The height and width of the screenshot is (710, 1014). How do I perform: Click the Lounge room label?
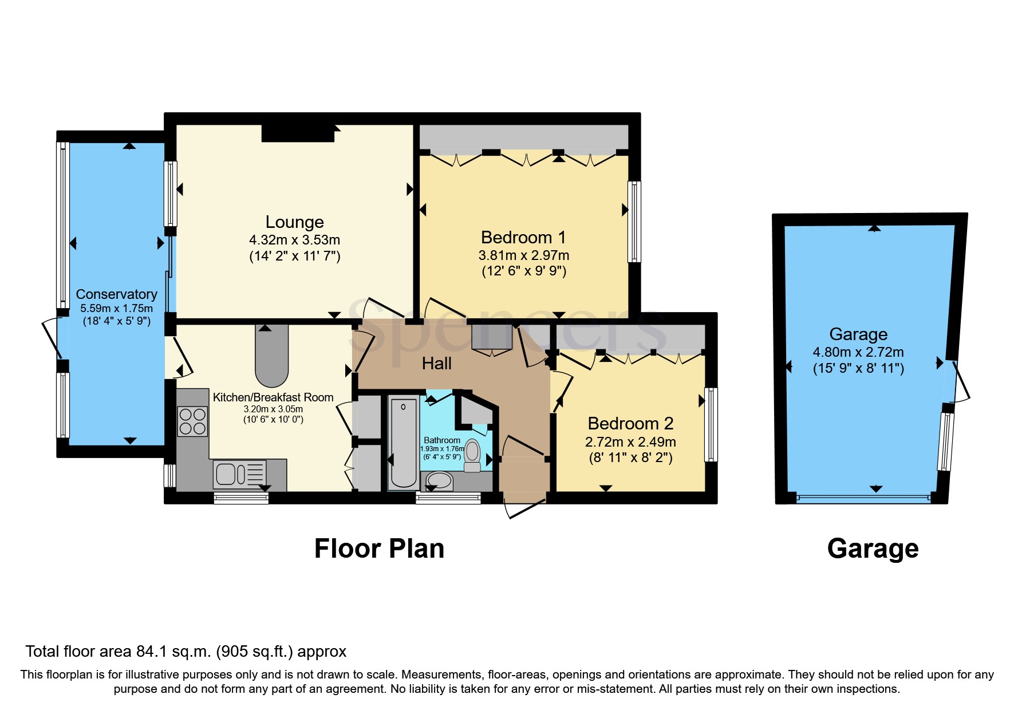click(294, 222)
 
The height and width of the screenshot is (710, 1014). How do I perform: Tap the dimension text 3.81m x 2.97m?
click(524, 255)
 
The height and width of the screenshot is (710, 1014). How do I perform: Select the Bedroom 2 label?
click(630, 424)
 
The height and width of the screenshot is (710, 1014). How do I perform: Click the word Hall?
click(436, 363)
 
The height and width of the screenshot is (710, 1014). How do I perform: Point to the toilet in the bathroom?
click(472, 455)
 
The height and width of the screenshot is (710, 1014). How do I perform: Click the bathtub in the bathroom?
click(403, 442)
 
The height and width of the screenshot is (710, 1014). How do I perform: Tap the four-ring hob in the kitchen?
click(192, 421)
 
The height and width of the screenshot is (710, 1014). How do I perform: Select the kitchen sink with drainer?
click(240, 474)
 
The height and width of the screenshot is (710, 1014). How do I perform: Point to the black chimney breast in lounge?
click(298, 133)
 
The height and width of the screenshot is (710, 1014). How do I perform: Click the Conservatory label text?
click(116, 294)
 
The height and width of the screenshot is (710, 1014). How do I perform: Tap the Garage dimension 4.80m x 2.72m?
click(858, 352)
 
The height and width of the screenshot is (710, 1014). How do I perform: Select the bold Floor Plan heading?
click(379, 549)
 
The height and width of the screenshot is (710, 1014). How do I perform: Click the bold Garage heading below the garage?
click(873, 549)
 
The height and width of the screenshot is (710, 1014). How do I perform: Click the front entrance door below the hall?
click(524, 507)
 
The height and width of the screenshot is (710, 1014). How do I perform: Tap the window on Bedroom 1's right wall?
click(634, 222)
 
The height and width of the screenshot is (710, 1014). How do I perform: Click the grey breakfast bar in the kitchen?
click(271, 356)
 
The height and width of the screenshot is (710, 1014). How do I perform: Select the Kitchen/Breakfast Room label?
click(273, 397)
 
